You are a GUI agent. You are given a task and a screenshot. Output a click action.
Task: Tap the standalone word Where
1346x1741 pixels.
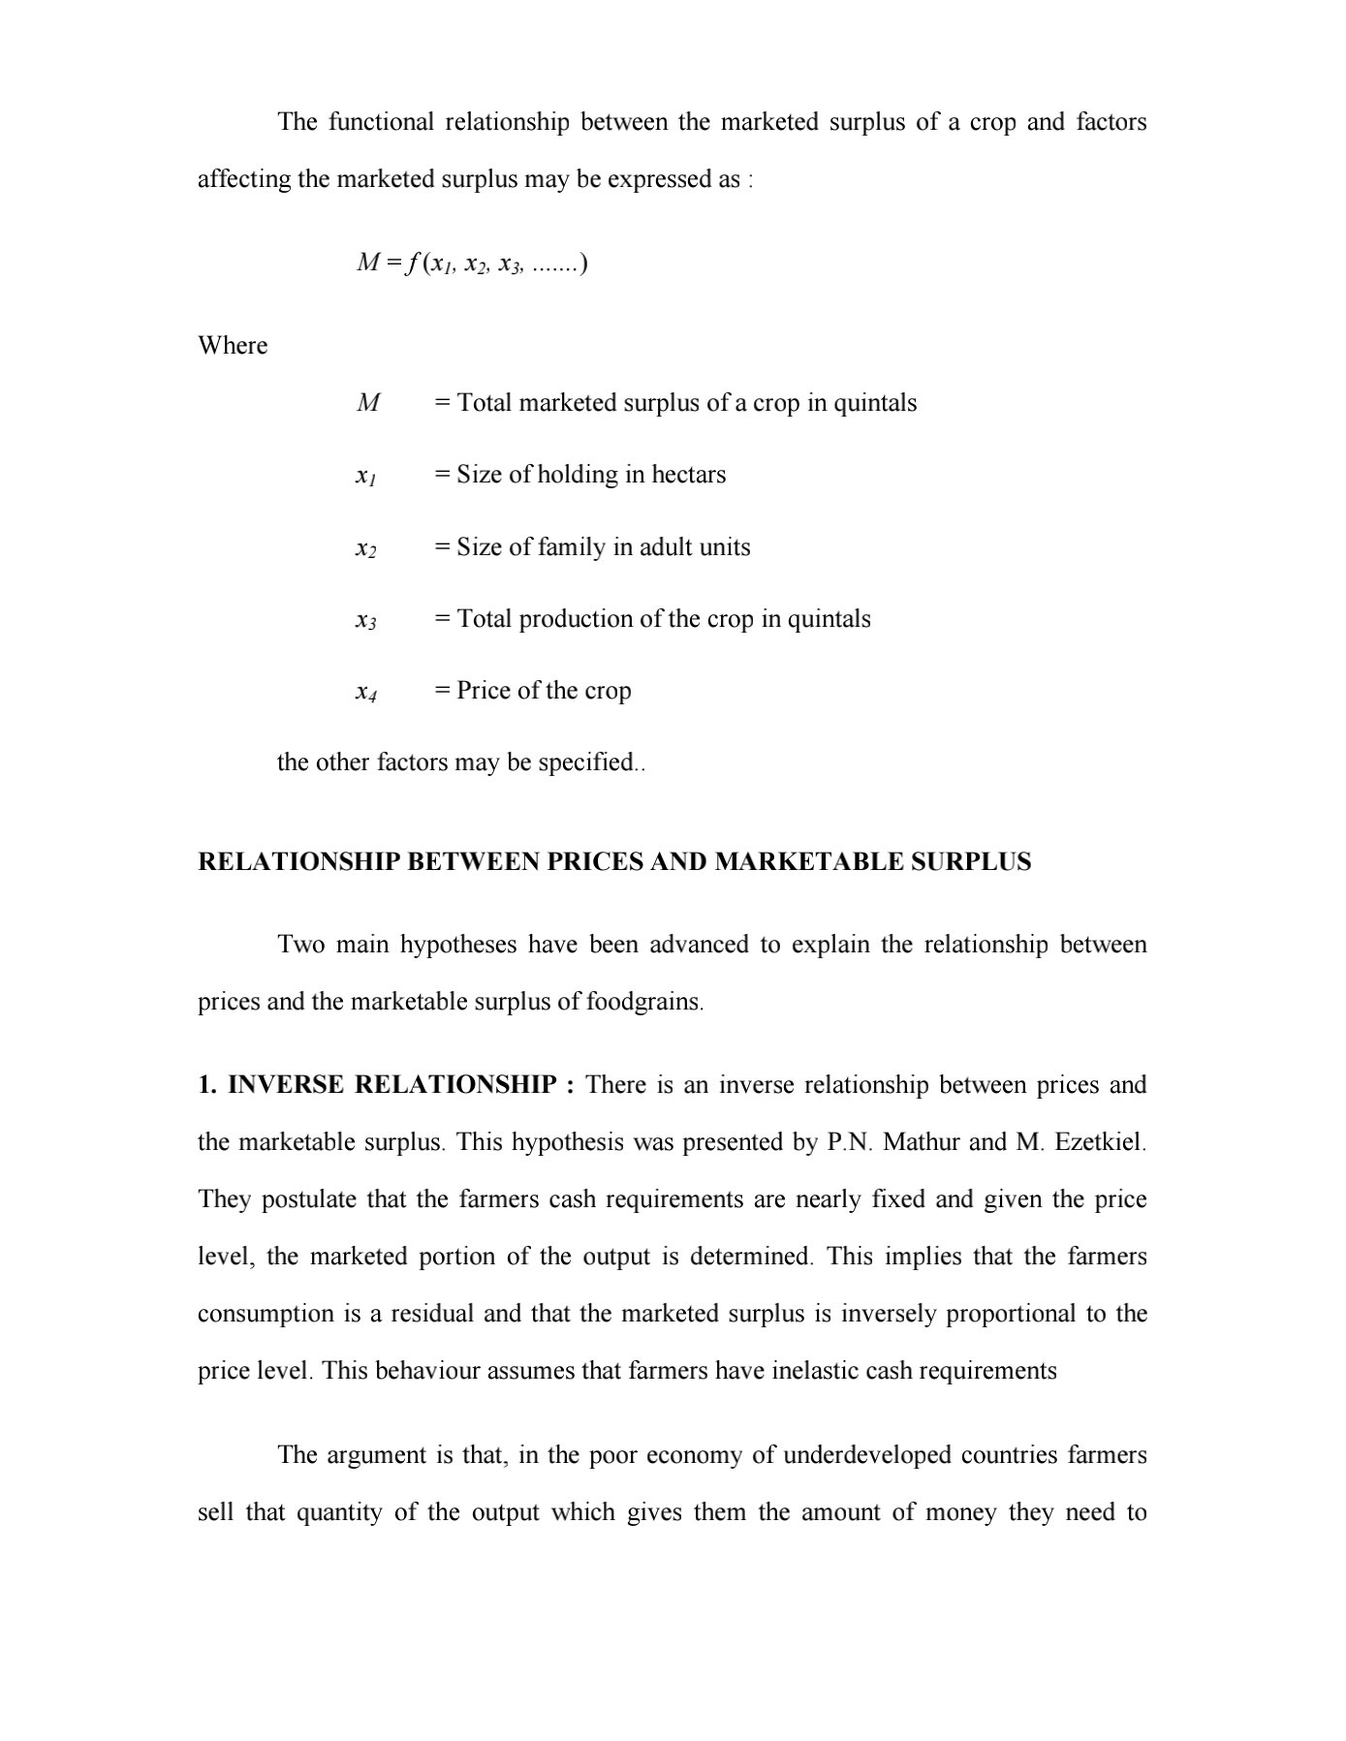[233, 346]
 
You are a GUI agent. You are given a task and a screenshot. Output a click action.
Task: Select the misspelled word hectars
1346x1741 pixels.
[688, 475]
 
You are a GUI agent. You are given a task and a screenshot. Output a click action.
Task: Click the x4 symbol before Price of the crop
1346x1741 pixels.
[365, 692]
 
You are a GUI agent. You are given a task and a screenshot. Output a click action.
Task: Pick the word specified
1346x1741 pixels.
[586, 762]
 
